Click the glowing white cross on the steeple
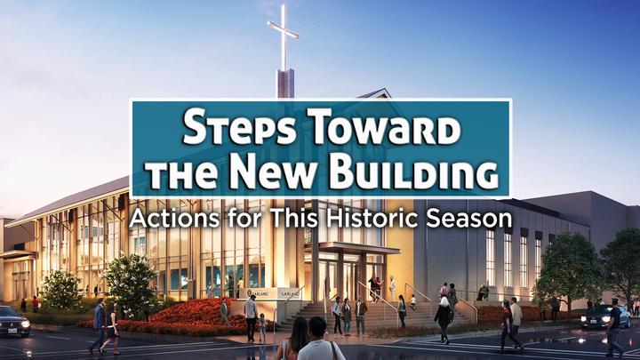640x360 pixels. tap(283, 36)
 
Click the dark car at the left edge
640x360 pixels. tap(14, 321)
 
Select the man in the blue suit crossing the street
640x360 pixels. tap(99, 325)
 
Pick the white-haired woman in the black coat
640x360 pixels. tap(443, 320)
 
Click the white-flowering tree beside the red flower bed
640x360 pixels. tap(129, 284)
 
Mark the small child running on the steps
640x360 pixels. tap(413, 302)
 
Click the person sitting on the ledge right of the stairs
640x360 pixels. tap(483, 292)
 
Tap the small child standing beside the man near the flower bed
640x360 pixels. tap(262, 327)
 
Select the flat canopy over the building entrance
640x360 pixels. tap(351, 247)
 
